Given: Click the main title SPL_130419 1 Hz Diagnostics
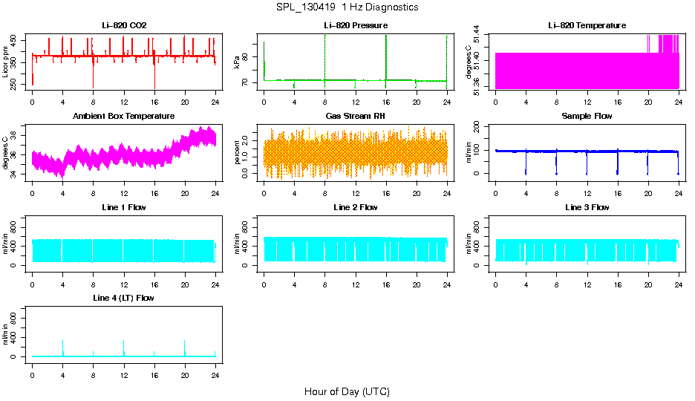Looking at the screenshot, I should (x=347, y=7).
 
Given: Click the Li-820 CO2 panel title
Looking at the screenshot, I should (x=124, y=26).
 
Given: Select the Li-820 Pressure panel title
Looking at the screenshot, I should (x=355, y=26).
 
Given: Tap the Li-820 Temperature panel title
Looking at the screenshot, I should (x=587, y=26).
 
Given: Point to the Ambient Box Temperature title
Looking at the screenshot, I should (x=124, y=117).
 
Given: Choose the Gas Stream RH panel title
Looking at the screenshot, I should (x=355, y=117).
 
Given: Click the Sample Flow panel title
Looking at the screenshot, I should (x=587, y=117).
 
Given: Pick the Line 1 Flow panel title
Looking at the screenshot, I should (x=124, y=207).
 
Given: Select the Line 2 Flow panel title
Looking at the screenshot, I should (x=355, y=207).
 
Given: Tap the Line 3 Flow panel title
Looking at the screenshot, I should (x=587, y=207).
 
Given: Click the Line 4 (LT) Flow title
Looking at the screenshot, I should (x=124, y=298).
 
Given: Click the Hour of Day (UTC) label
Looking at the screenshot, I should (x=347, y=391).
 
